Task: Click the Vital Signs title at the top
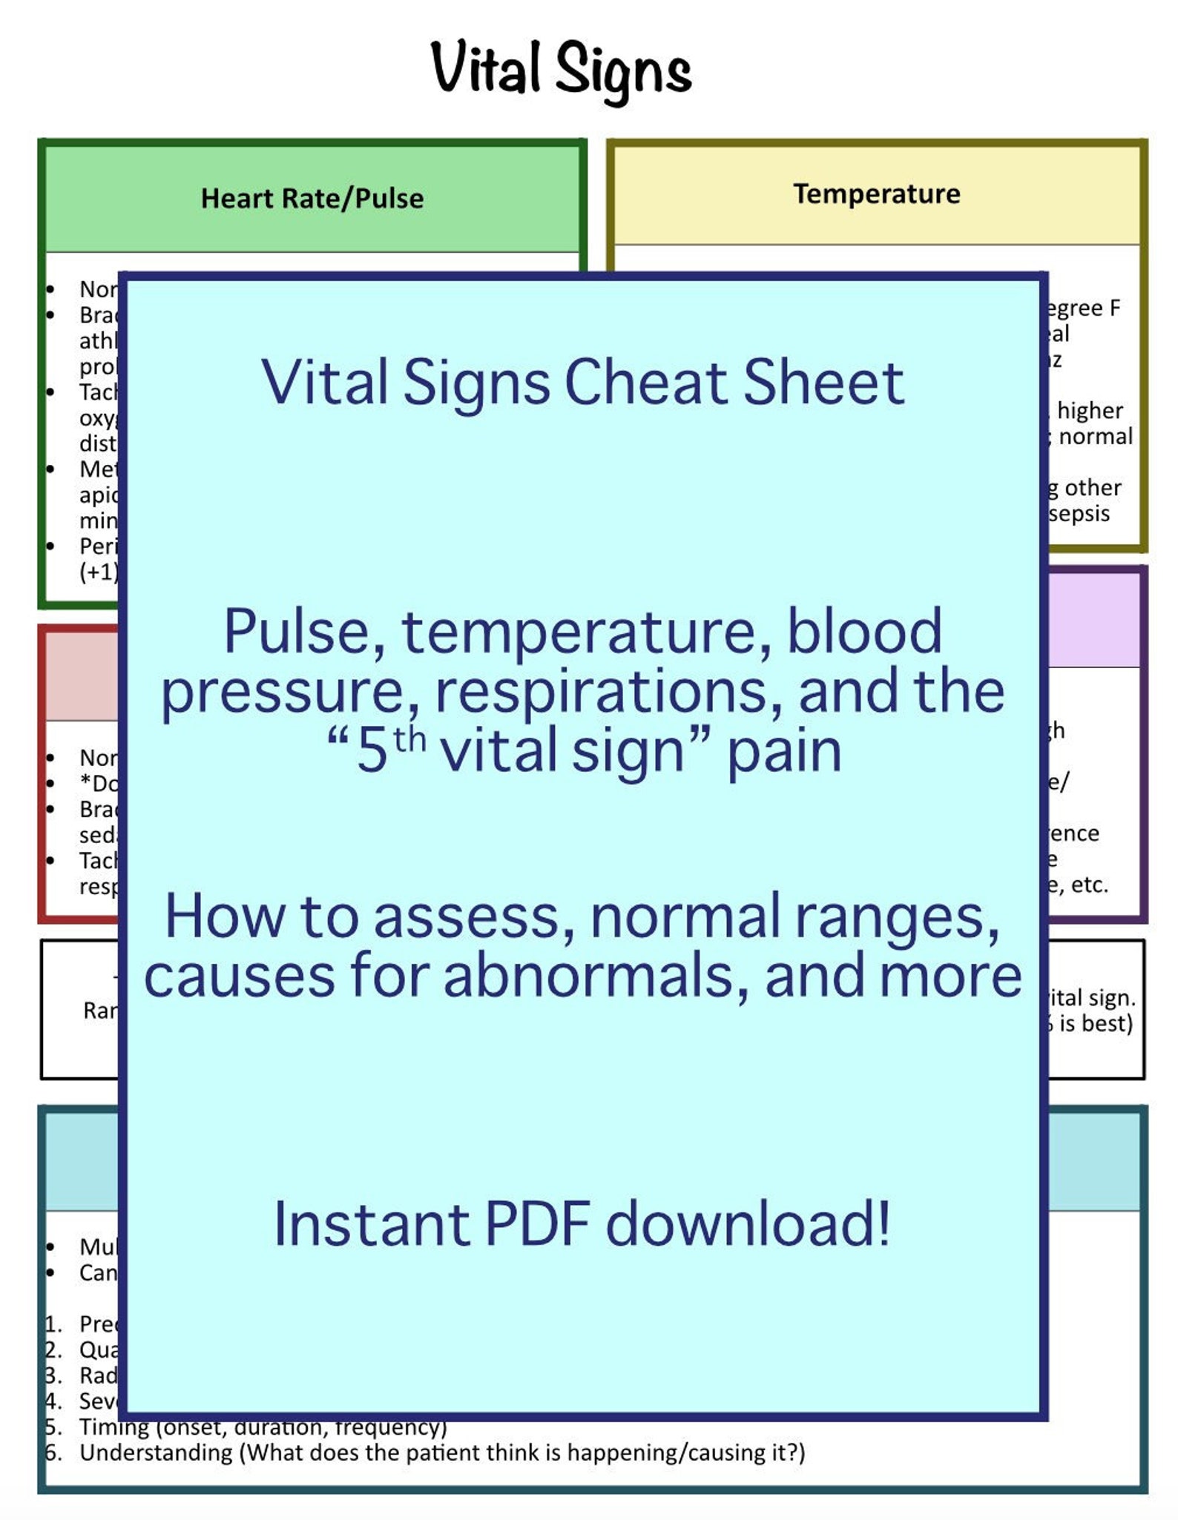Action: click(x=561, y=70)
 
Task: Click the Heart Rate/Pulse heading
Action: click(x=312, y=199)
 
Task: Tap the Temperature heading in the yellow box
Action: click(x=877, y=194)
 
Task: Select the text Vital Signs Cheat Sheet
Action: click(x=582, y=383)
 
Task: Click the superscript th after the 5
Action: click(x=409, y=741)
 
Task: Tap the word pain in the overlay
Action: click(x=783, y=752)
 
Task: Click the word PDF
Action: click(x=537, y=1225)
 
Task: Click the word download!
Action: click(x=748, y=1225)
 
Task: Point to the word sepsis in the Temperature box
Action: click(x=1079, y=514)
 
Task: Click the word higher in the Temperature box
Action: click(x=1089, y=411)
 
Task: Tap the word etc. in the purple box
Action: click(x=1089, y=885)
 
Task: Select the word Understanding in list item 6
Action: click(x=156, y=1453)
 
